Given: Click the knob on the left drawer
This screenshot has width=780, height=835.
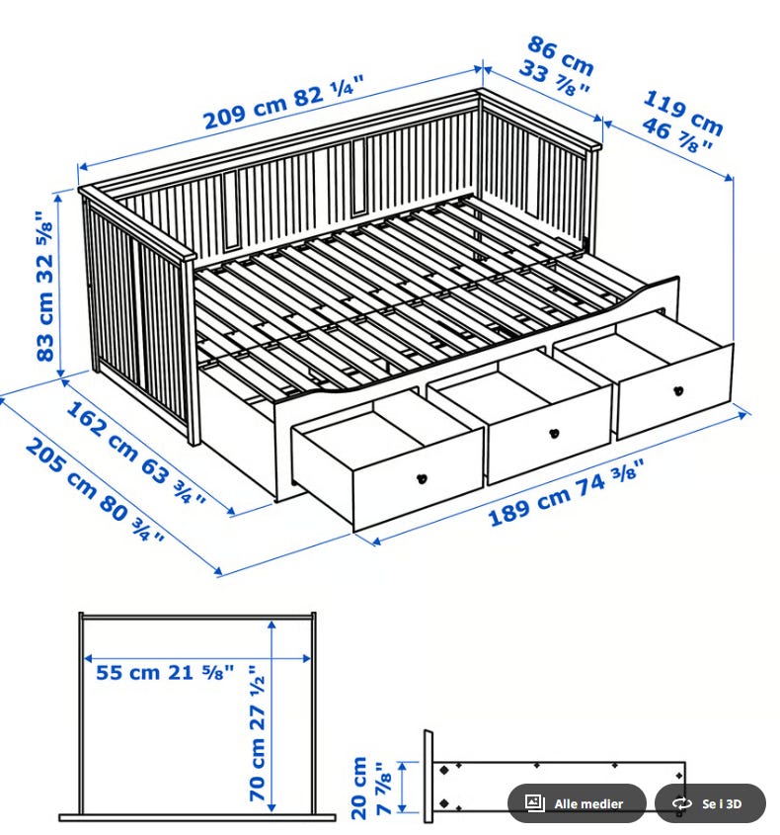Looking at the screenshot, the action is (422, 477).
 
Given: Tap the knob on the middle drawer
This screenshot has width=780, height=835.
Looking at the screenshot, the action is (554, 433).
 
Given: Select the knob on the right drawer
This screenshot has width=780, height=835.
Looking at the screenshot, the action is (678, 391).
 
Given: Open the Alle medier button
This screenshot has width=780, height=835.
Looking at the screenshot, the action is (577, 803).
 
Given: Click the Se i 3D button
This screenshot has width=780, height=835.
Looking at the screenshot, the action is (710, 803).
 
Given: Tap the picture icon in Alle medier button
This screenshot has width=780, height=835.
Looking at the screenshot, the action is (535, 803).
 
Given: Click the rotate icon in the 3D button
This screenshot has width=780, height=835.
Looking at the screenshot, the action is (681, 803).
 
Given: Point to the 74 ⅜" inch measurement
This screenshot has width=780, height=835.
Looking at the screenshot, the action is (609, 477).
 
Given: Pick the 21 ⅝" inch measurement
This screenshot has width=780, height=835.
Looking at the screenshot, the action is (201, 673).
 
